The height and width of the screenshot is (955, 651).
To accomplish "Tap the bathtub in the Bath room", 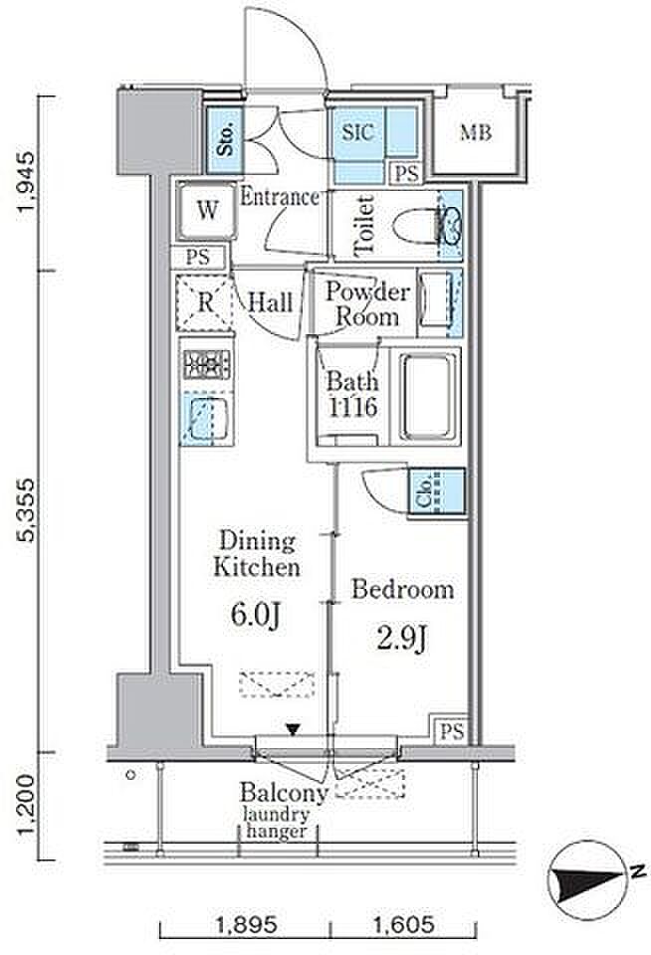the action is click(429, 396).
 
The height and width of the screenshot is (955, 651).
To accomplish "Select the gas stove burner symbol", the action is click(207, 364).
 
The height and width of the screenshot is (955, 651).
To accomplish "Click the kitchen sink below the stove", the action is click(207, 418).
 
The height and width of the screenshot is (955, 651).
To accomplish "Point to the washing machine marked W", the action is click(207, 211).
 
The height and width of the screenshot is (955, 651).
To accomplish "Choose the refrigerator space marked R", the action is click(205, 302).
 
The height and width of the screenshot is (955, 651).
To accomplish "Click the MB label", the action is click(476, 131).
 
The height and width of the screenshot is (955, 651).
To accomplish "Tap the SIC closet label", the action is click(357, 132).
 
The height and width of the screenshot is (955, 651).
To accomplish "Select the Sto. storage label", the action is click(224, 139).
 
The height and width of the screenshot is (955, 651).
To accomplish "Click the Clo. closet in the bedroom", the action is click(437, 492).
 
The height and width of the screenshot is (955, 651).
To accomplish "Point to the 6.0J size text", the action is click(256, 615).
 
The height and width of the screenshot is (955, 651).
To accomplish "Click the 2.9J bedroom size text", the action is click(402, 638).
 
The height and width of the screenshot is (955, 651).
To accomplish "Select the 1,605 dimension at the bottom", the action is click(404, 925).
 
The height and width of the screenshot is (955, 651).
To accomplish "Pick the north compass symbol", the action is click(591, 881).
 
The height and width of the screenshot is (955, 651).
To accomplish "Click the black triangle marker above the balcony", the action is click(294, 729).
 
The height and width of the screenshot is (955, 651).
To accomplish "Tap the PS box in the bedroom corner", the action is click(452, 729).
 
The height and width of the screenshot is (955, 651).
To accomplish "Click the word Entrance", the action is click(280, 197).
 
